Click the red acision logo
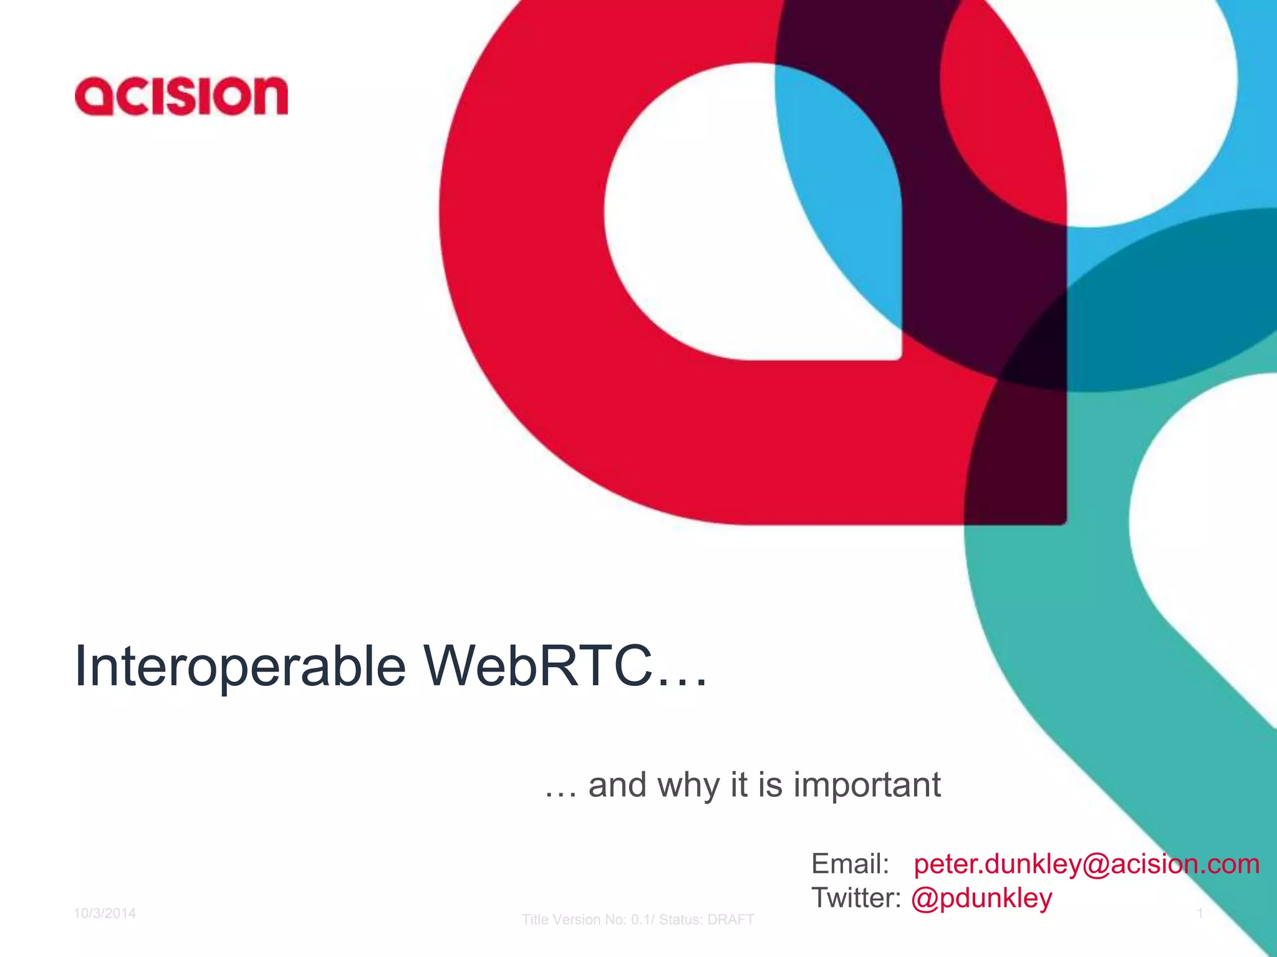[181, 97]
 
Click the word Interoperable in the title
[240, 667]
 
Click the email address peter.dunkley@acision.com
[1086, 864]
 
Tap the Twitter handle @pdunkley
[981, 898]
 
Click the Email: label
[850, 864]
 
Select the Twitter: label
[855, 898]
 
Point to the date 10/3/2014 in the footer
[105, 913]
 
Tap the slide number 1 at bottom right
[1200, 913]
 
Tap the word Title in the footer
[534, 920]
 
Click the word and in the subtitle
[617, 784]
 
